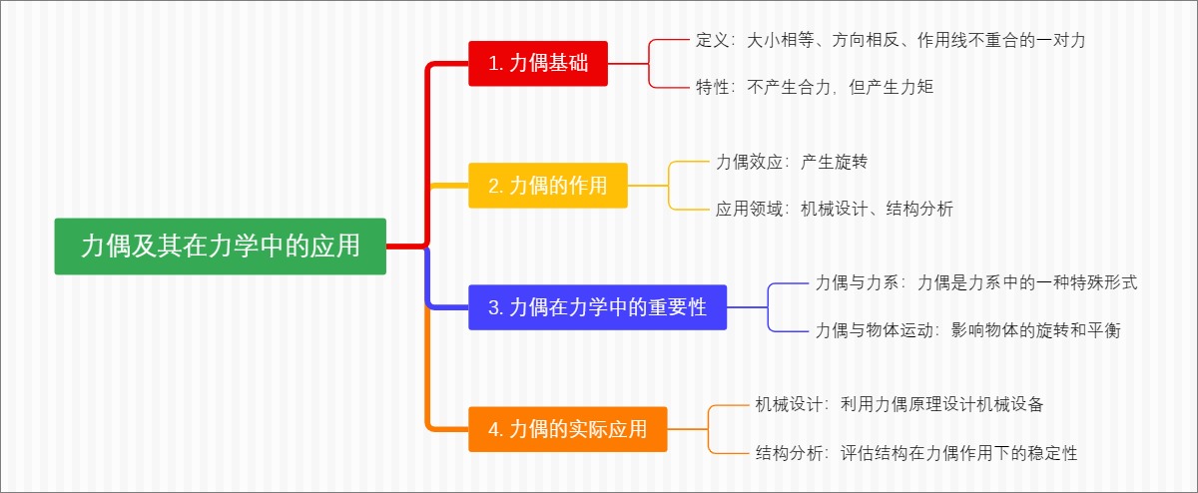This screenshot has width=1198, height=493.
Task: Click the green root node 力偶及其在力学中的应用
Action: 220,246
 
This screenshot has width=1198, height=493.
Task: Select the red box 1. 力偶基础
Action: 538,64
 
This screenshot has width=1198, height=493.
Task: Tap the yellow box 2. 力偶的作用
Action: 548,186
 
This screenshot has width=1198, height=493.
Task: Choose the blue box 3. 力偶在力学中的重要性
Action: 597,307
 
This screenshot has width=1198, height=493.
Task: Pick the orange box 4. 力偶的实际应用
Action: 568,429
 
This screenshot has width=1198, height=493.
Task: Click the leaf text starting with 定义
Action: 891,41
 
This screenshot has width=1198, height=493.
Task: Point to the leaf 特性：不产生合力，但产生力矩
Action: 815,86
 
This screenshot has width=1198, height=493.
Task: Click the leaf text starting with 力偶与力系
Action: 976,283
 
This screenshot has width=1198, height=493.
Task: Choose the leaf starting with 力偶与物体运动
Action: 967,330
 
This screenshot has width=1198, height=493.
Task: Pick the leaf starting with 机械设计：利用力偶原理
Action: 899,405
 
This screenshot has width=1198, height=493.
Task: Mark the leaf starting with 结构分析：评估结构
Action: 916,453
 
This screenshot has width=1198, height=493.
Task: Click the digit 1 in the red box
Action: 493,64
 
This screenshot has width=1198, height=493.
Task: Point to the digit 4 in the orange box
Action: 494,430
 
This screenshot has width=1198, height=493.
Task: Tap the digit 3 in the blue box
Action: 494,308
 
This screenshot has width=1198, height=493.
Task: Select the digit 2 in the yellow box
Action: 494,187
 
